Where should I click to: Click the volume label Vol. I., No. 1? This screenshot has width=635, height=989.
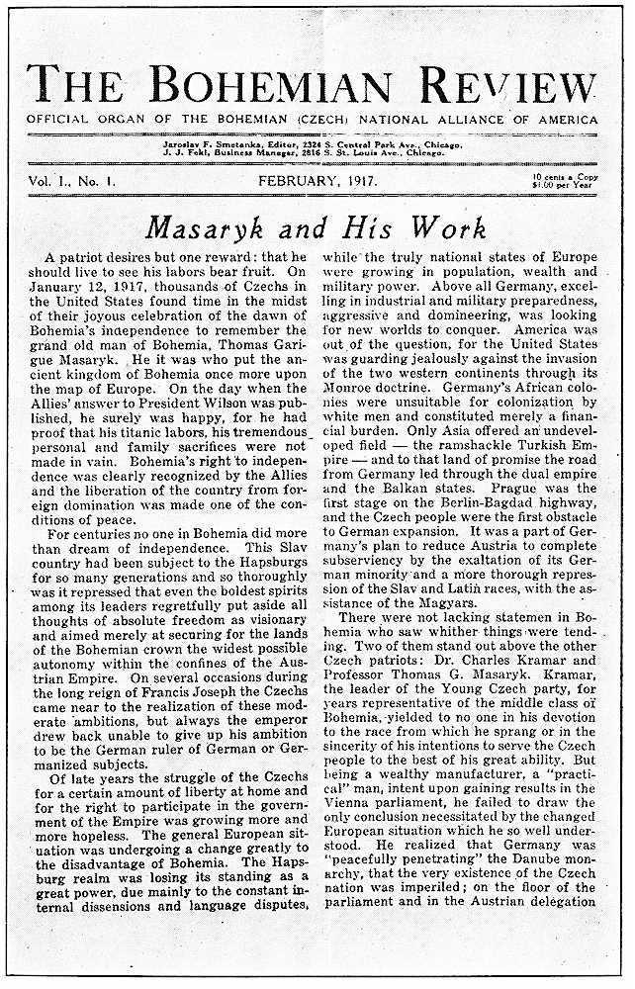pos(74,181)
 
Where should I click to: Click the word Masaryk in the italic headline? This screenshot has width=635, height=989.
pos(209,229)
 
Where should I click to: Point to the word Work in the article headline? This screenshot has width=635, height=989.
pos(450,229)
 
